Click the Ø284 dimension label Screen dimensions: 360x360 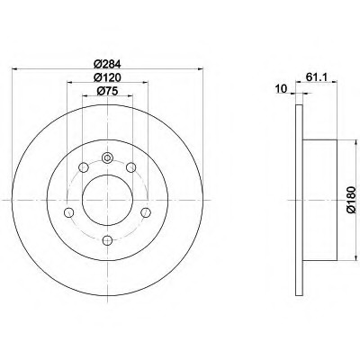click(107, 64)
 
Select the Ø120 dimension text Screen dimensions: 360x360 click(107, 77)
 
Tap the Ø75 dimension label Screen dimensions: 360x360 click(107, 91)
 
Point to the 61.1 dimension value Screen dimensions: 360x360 click(317, 77)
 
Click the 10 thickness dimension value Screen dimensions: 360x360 click(281, 89)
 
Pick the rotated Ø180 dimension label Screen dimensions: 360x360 click(351, 200)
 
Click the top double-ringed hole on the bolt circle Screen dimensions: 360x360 click(107, 157)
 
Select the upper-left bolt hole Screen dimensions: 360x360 click(83, 167)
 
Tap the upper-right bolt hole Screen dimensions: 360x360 click(131, 167)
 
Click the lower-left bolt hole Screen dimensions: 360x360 click(69, 212)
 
